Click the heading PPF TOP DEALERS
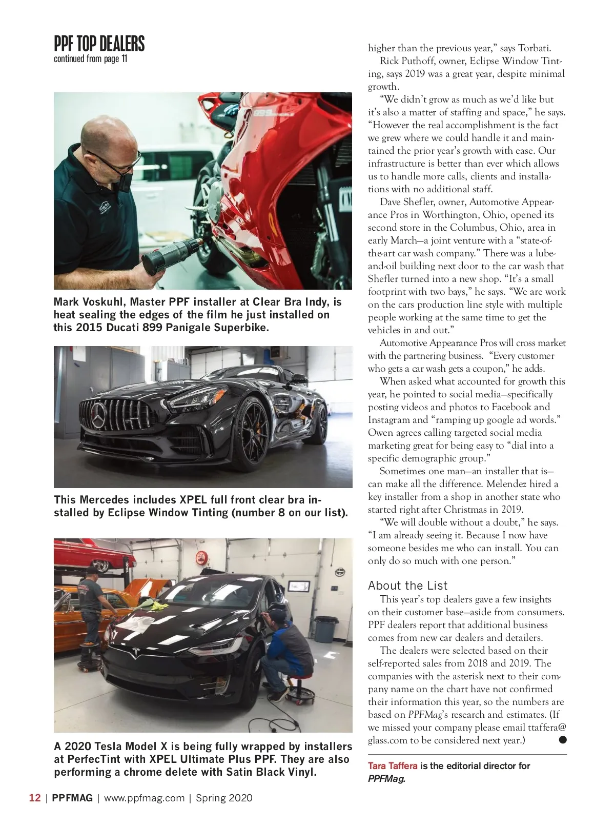tap(99, 44)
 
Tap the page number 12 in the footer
tap(35, 798)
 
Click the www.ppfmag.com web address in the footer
tap(144, 798)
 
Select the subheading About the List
tap(407, 586)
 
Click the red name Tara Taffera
tap(392, 765)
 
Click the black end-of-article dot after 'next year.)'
tap(562, 739)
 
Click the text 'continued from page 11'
tap(90, 59)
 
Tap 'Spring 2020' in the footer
tap(224, 798)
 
